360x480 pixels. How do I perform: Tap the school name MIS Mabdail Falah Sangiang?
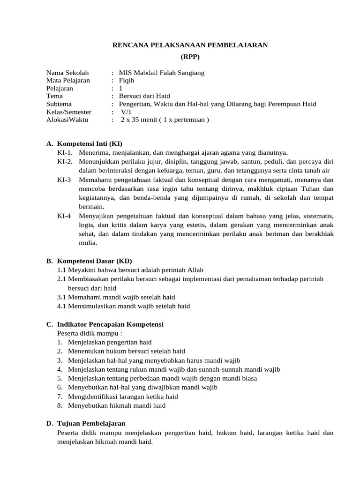[162, 73]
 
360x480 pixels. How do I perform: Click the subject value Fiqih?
[127, 81]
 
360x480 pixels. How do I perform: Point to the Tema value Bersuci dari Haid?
[144, 96]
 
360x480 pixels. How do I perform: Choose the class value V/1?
[127, 112]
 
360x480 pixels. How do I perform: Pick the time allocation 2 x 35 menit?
[142, 120]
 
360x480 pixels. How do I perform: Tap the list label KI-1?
[65, 152]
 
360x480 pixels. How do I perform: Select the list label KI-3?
[64, 180]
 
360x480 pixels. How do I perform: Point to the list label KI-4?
[64, 216]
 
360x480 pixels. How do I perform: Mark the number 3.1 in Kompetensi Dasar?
[62, 297]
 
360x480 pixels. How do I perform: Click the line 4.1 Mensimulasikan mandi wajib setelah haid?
[123, 306]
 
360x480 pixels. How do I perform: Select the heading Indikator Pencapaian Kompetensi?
[110, 324]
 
